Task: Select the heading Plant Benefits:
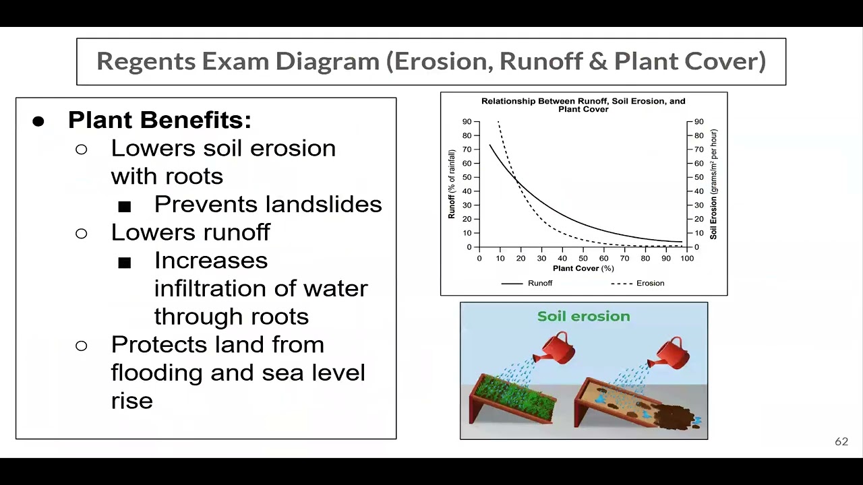click(x=160, y=120)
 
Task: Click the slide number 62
click(x=841, y=442)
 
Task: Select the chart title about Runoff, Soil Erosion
click(x=583, y=104)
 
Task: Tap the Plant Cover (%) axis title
click(x=583, y=268)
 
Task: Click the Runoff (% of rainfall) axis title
click(x=452, y=184)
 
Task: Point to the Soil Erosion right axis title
click(x=713, y=184)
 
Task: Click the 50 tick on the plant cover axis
click(x=583, y=259)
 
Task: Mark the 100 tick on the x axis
click(x=686, y=259)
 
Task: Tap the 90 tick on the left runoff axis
click(x=467, y=122)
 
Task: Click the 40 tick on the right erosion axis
click(x=698, y=191)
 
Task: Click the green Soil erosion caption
click(x=583, y=317)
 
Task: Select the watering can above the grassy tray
click(x=555, y=348)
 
